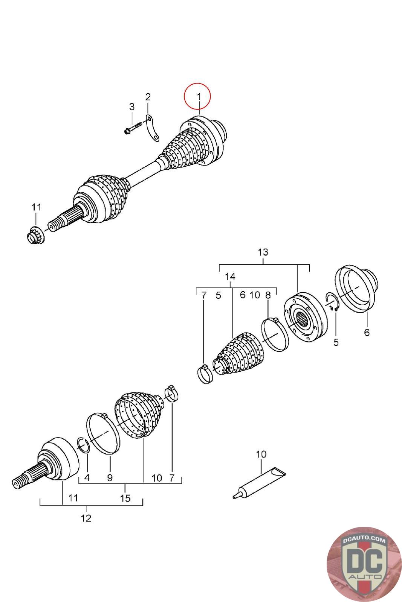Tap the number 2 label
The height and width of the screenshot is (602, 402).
[148, 97]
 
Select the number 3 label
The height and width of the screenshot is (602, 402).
[131, 107]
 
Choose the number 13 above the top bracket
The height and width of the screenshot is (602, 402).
[263, 252]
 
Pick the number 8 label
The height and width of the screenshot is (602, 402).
[268, 295]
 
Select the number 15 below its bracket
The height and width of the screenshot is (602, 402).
[125, 498]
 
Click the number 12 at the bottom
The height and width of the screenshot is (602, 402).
[86, 518]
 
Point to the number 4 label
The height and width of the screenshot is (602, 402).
[87, 478]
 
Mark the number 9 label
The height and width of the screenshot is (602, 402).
[110, 478]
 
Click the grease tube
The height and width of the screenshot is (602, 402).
[258, 482]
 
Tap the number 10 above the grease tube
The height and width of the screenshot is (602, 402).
[261, 454]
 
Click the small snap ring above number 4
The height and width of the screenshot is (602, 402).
[83, 444]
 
